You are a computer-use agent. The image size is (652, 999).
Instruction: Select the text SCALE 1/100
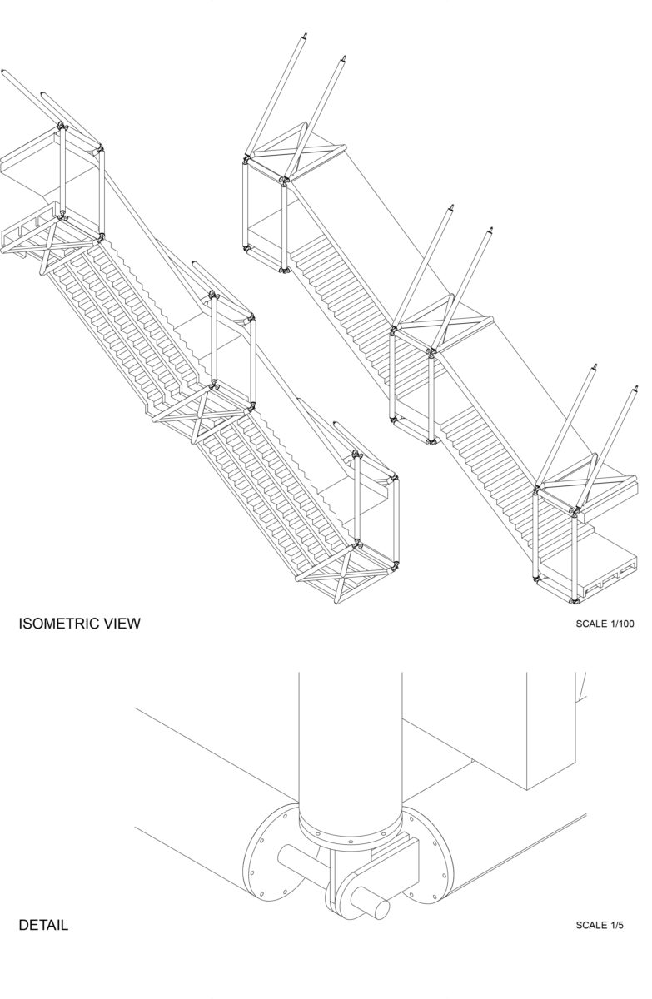(x=605, y=624)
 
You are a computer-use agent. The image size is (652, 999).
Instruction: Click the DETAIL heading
(x=43, y=925)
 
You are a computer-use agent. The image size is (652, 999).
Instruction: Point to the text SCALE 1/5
(x=600, y=925)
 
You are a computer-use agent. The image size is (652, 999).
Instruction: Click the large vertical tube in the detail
(x=350, y=740)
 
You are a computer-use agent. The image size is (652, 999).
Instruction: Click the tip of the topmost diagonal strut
(x=306, y=34)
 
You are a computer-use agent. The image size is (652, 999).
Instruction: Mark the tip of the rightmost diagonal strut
(x=636, y=388)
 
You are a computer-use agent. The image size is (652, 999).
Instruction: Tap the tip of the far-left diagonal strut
(x=3, y=72)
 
